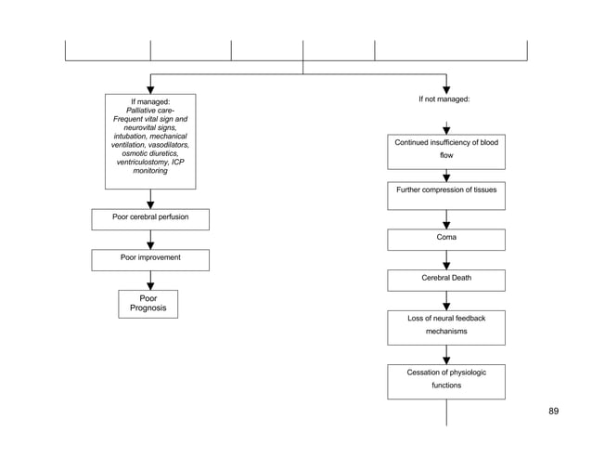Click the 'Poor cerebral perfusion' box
pos(150,219)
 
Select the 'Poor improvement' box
pos(150,259)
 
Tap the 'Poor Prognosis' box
pos(148,304)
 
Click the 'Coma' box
pos(446,239)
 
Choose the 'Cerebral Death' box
pos(446,280)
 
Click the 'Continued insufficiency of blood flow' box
pos(446,150)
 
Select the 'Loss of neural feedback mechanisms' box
pos(446,326)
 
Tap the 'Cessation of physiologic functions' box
pos(446,380)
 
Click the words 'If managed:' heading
pos(150,100)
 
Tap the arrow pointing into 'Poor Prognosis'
pos(150,282)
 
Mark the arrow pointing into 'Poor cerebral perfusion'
pos(150,201)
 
